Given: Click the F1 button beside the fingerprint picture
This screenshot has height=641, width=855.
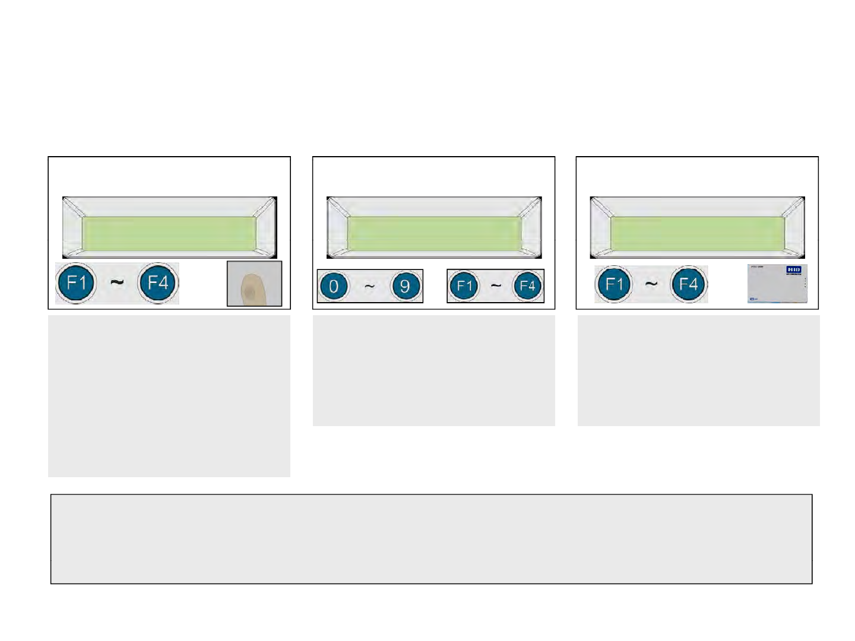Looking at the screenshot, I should [x=76, y=283].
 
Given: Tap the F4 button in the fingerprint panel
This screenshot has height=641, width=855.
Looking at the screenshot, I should [x=158, y=283].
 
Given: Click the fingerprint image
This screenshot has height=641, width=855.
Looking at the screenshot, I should [x=254, y=284].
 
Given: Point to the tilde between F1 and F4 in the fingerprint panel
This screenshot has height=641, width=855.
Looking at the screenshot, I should [x=117, y=283].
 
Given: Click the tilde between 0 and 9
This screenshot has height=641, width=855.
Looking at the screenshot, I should [x=369, y=287].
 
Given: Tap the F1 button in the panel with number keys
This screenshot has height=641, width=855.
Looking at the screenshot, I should [x=464, y=287].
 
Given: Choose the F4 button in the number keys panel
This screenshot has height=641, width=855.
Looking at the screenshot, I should [x=527, y=287].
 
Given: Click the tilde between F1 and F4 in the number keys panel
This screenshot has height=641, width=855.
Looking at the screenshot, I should [x=496, y=287].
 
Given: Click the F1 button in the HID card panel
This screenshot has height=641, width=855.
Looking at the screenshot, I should [x=614, y=284].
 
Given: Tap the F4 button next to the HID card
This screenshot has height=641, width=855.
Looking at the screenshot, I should [x=688, y=284].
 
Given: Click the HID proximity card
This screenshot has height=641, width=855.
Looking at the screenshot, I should [x=777, y=284].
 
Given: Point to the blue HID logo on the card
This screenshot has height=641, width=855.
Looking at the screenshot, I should [x=794, y=270].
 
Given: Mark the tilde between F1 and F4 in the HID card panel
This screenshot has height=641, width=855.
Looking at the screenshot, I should [x=651, y=284].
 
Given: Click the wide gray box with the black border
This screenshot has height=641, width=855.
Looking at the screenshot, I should [x=431, y=539].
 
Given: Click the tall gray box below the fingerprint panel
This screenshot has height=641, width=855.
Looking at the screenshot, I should [x=169, y=396].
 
